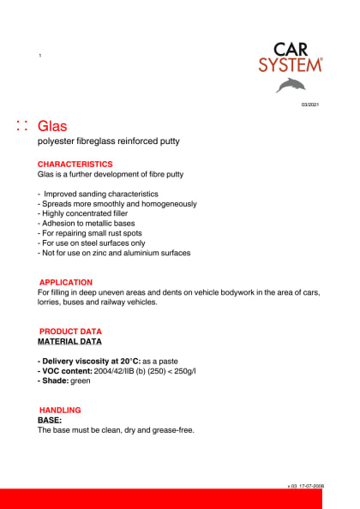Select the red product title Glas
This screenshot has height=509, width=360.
tap(52, 128)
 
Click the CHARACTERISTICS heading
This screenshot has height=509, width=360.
tap(75, 163)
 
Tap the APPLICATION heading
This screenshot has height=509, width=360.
tap(66, 282)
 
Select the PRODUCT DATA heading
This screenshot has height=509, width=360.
tap(70, 331)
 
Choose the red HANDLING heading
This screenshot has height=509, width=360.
tap(60, 410)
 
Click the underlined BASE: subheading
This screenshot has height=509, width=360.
tap(50, 420)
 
